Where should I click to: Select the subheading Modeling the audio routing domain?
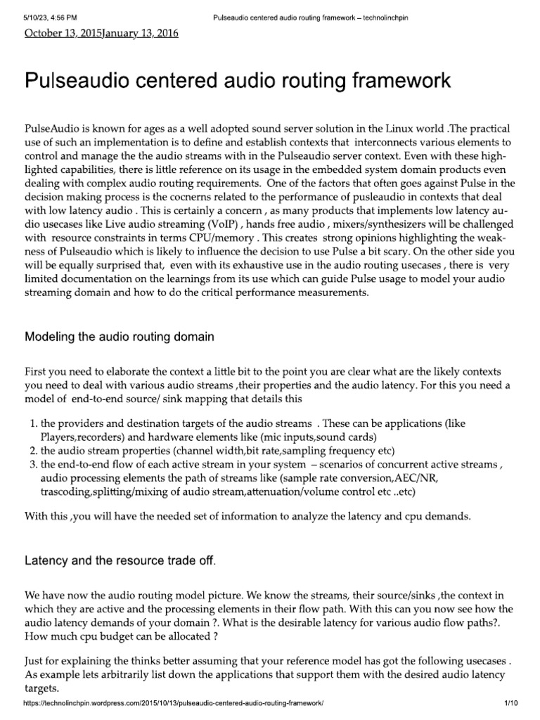(x=120, y=337)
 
